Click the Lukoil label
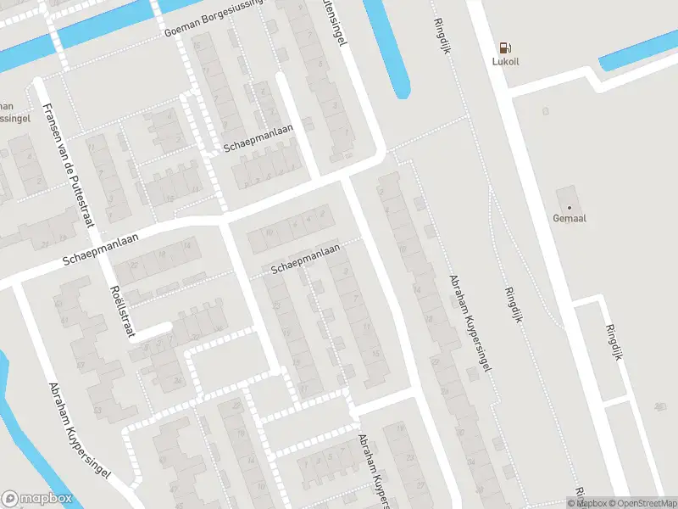click(506, 61)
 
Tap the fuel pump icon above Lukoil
click(506, 48)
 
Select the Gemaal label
click(570, 218)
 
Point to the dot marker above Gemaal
click(570, 206)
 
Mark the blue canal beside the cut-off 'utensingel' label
click(388, 47)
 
